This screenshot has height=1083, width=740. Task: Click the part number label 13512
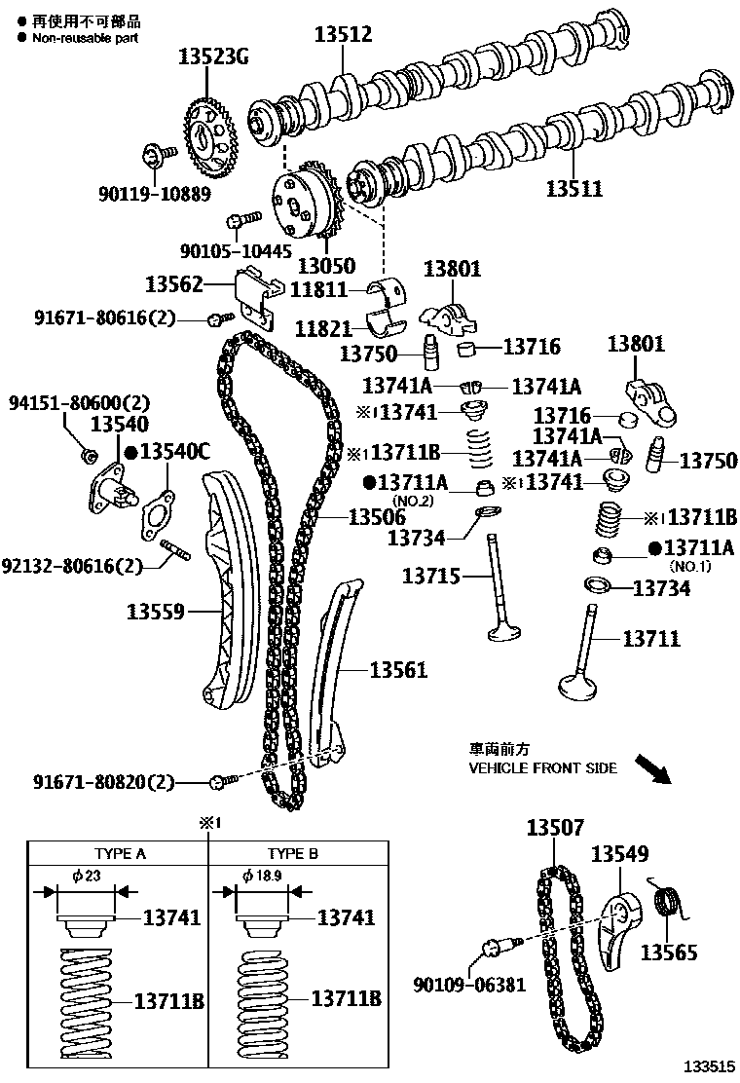coord(343,36)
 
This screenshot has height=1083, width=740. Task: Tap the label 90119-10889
coord(154,193)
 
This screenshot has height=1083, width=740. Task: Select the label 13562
coord(174,284)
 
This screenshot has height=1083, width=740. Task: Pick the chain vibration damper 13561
coord(329,672)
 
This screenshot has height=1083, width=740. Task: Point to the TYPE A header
coord(120,853)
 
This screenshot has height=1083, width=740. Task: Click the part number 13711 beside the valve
coord(651,639)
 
